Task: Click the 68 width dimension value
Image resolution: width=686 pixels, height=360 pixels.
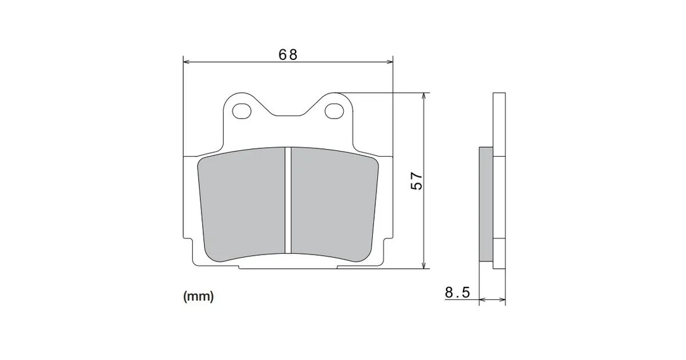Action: point(288,55)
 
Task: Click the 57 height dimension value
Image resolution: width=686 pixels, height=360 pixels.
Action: point(417,180)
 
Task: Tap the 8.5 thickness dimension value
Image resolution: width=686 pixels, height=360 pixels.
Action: point(457,292)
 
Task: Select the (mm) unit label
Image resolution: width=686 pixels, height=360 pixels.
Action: point(198,297)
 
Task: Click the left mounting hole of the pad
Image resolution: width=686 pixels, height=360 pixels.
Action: point(242,111)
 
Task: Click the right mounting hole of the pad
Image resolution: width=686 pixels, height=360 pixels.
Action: point(334,111)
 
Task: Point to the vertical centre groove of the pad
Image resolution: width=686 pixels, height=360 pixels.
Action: point(288,201)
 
